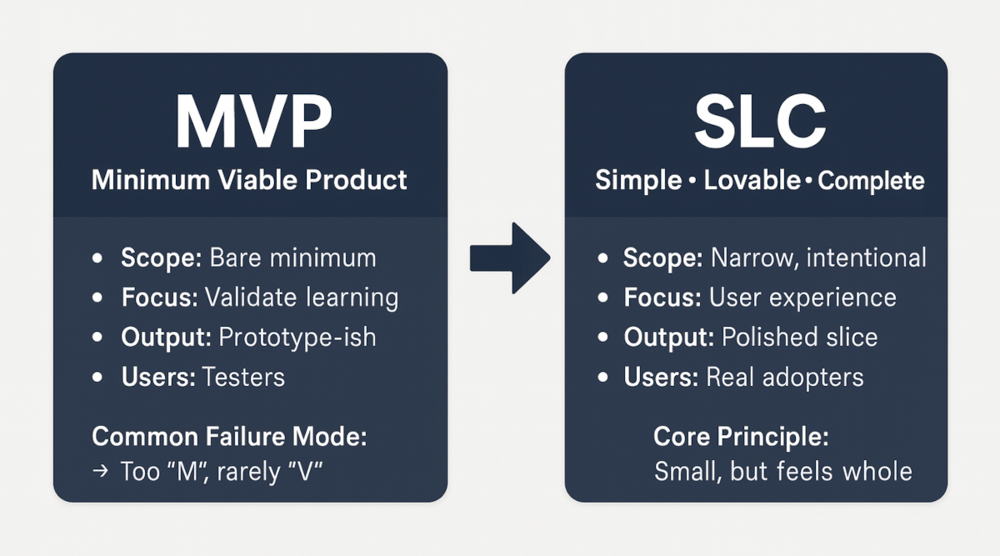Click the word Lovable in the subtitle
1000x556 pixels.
coord(752,181)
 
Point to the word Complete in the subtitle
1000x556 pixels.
coord(871,181)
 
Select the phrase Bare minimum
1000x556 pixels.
coord(292,258)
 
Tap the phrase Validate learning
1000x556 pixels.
coord(302,298)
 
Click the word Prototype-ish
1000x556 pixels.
coord(297,337)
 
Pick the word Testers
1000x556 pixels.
coord(243,377)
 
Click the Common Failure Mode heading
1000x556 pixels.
coord(229,436)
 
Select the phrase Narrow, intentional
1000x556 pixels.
coord(818,258)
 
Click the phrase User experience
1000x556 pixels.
coord(802,298)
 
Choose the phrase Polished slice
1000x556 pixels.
coord(800,337)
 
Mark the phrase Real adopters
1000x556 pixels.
coord(785,377)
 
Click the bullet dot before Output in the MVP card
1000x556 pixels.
coord(98,338)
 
